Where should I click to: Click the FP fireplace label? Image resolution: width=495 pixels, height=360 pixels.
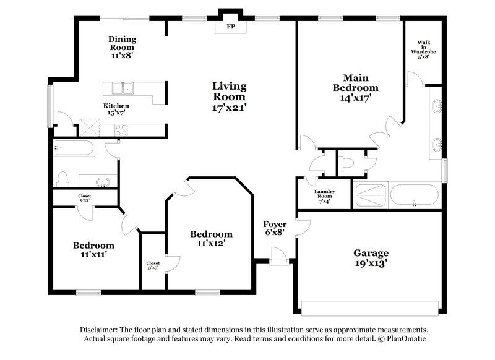click(230, 27)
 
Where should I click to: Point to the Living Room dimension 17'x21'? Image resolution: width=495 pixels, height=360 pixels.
click(229, 107)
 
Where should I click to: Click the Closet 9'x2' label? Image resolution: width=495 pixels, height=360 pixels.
click(85, 199)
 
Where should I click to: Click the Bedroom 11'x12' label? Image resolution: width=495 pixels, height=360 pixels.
click(211, 238)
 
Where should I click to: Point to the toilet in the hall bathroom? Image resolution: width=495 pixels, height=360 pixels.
click(62, 179)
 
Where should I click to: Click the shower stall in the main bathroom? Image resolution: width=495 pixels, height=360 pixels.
click(369, 195)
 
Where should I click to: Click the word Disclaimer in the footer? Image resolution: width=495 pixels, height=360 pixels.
click(100, 330)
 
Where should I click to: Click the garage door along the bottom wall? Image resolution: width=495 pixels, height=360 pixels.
click(369, 305)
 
